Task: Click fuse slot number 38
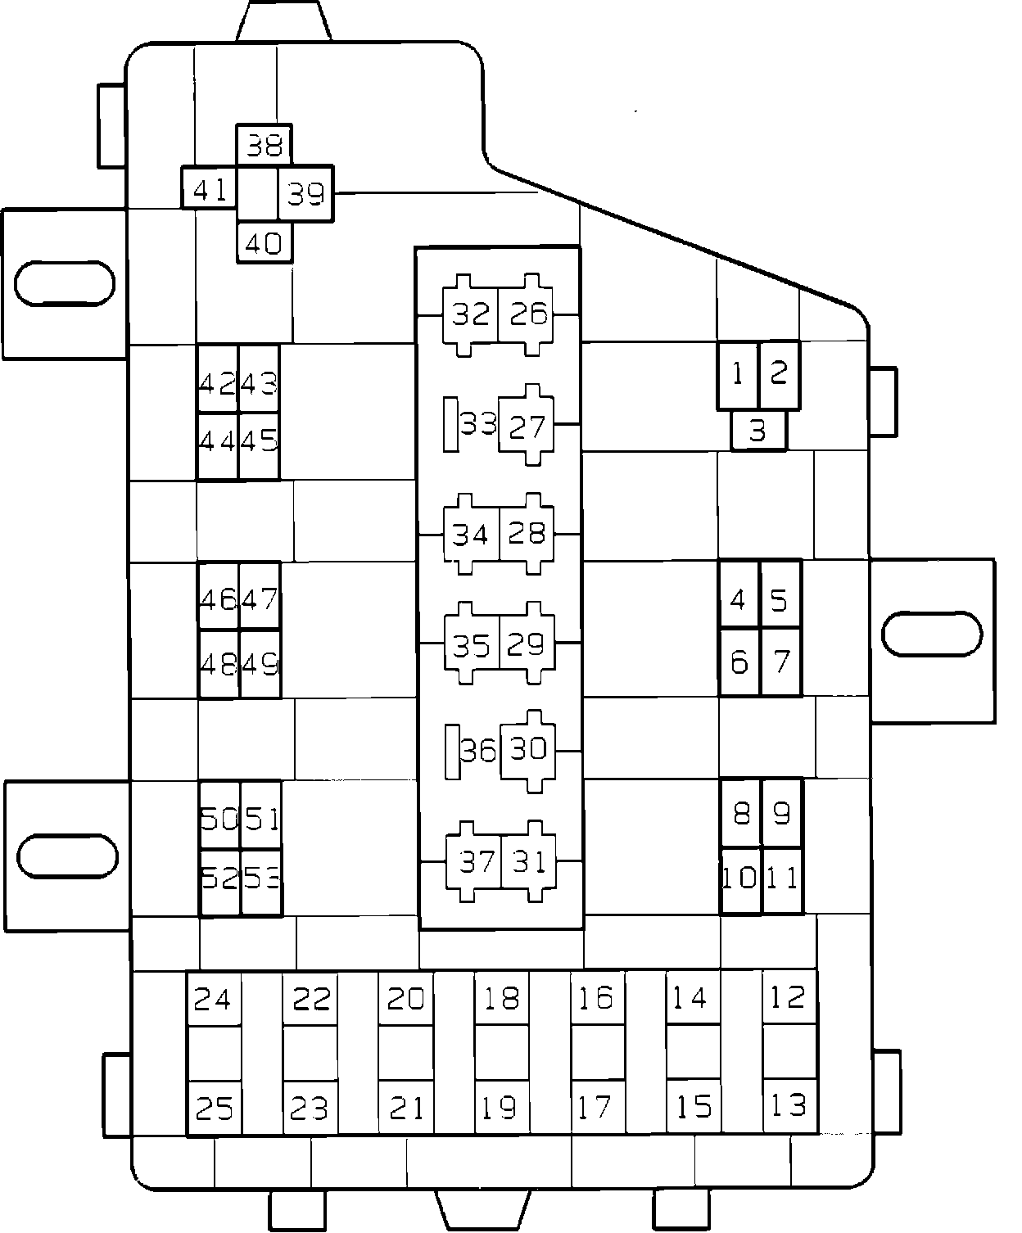tap(265, 146)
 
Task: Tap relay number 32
tap(470, 314)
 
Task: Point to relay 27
tap(527, 426)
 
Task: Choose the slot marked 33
tap(477, 424)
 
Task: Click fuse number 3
tap(758, 431)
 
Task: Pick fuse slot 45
tap(260, 441)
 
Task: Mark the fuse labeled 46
tap(219, 598)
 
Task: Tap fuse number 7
tap(781, 662)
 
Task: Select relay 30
tap(528, 749)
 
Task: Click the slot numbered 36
tap(477, 750)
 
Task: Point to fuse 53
tap(262, 879)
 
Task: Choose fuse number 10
tap(740, 879)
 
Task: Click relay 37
tap(476, 861)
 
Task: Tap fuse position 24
tap(214, 999)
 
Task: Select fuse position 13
tap(789, 1106)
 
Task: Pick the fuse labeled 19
tap(500, 1108)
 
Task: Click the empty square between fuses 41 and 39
tap(257, 193)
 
